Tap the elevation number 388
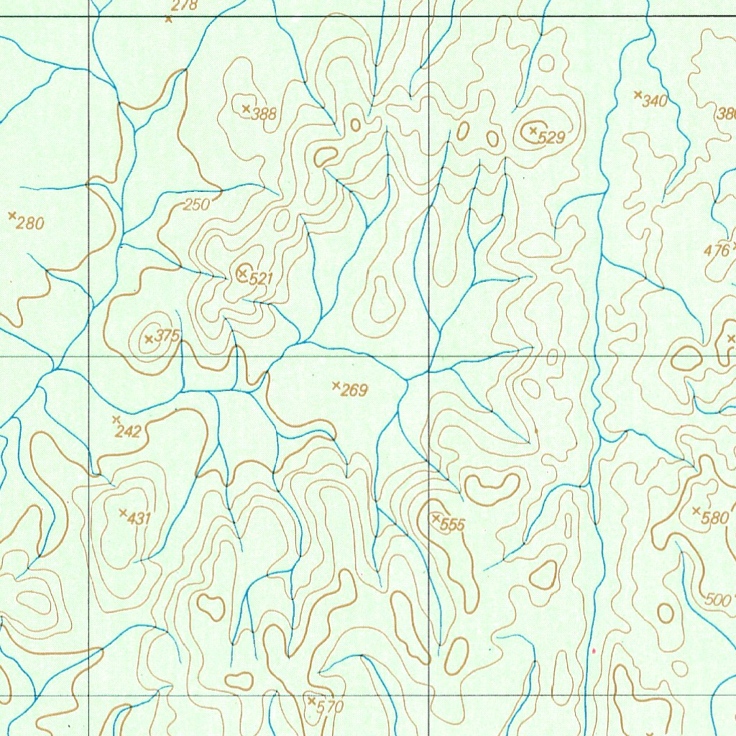point(264,114)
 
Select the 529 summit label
point(551,138)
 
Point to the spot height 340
point(655,101)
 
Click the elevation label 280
point(30,224)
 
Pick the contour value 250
point(196,205)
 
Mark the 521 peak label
point(257,279)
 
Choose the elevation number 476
point(717,252)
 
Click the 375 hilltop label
point(167,335)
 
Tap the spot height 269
point(354,391)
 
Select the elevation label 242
point(127,432)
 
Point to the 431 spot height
point(139,517)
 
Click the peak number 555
point(453,525)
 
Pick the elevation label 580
point(715,517)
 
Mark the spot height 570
point(330,707)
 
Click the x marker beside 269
point(336,386)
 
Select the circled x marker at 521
point(243,272)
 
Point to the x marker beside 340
point(637,94)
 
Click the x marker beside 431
point(122,512)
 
